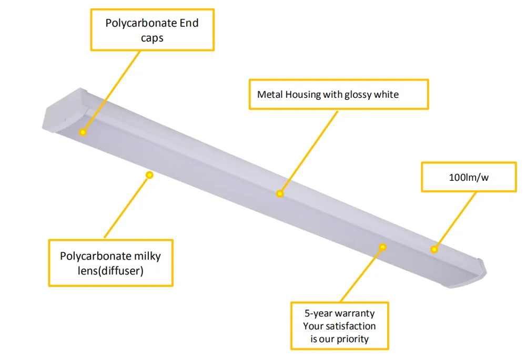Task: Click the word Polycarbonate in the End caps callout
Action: [137, 24]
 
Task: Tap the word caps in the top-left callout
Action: [152, 38]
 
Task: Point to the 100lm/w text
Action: [469, 177]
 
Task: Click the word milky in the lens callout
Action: [147, 256]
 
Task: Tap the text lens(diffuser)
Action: [110, 271]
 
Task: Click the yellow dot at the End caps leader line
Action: [83, 132]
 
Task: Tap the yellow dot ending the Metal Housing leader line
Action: [280, 194]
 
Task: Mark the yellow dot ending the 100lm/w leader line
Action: [434, 249]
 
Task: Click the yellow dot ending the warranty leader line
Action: [383, 246]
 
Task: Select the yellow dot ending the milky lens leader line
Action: [149, 174]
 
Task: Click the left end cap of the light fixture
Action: [58, 113]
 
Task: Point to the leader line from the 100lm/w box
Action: [455, 220]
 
